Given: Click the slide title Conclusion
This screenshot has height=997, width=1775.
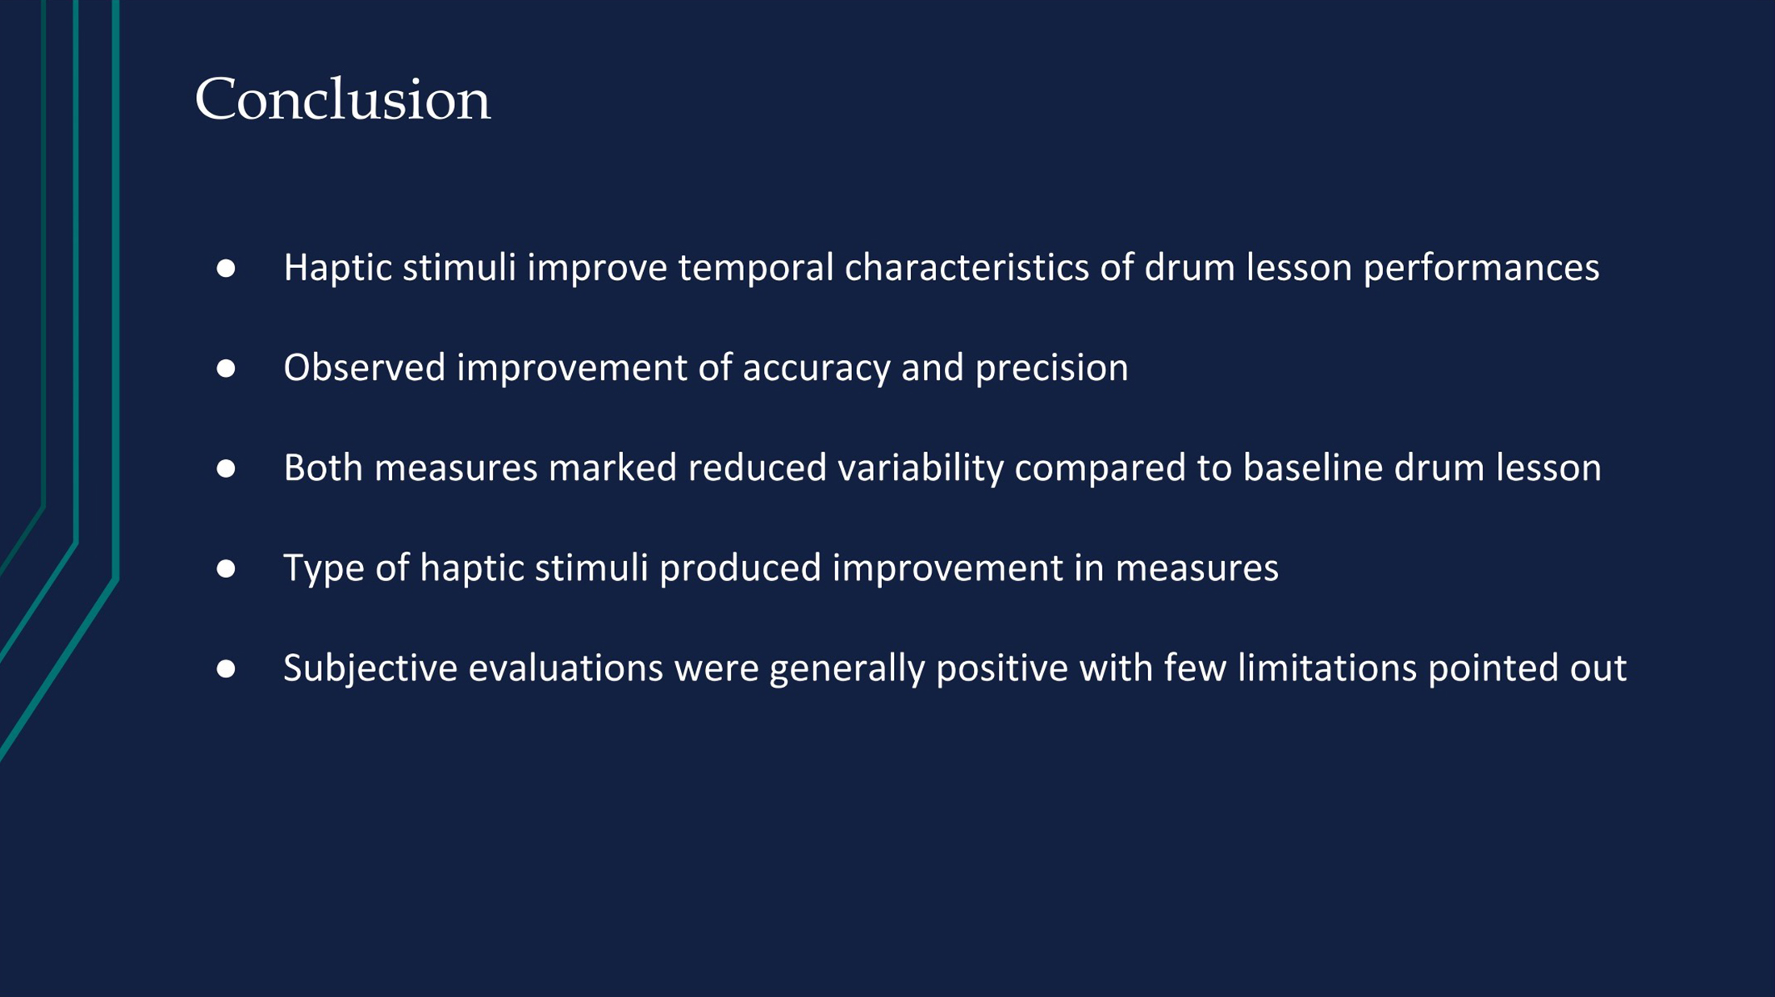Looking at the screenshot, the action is pyautogui.click(x=342, y=99).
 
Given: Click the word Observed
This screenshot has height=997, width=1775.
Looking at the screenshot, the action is pyautogui.click(x=365, y=367).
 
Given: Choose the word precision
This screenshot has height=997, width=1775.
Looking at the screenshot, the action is pyautogui.click(x=1051, y=369).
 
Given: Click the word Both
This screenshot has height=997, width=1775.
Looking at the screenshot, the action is pyautogui.click(x=323, y=467).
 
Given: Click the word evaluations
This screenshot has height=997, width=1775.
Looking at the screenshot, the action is pyautogui.click(x=566, y=668).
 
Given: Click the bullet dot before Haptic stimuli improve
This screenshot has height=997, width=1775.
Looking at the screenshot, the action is pyautogui.click(x=226, y=269).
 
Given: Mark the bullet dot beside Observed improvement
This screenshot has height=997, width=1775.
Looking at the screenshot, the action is pyautogui.click(x=226, y=369).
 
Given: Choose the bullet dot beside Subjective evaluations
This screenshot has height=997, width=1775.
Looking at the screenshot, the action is pyautogui.click(x=226, y=669).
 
